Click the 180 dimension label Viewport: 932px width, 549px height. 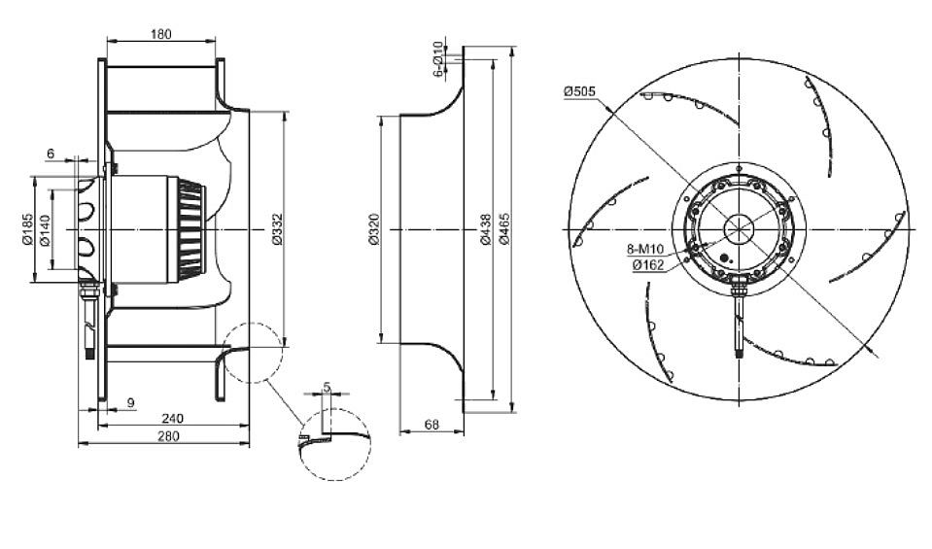pos(160,34)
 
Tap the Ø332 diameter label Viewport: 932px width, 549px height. pos(277,229)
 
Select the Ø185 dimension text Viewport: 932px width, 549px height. pos(27,229)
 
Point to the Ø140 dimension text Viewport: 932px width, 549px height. pos(45,229)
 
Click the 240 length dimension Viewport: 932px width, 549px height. pos(172,418)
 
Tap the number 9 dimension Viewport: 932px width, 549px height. pos(131,402)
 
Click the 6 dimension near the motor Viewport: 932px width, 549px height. pos(51,154)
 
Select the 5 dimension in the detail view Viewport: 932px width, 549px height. pos(327,387)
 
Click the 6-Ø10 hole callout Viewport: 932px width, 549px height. pos(438,59)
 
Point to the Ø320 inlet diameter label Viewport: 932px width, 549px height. pos(374,229)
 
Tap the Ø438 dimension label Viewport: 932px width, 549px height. pos(486,230)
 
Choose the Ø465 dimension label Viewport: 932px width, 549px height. pos(504,228)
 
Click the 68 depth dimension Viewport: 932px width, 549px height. pos(432,425)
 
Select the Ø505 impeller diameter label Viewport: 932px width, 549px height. pos(579,91)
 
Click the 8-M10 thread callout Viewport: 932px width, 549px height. pos(645,250)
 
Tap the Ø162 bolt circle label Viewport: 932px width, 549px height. pos(648,265)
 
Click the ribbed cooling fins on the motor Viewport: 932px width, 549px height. pos(190,229)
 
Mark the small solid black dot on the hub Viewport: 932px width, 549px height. pos(725,258)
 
